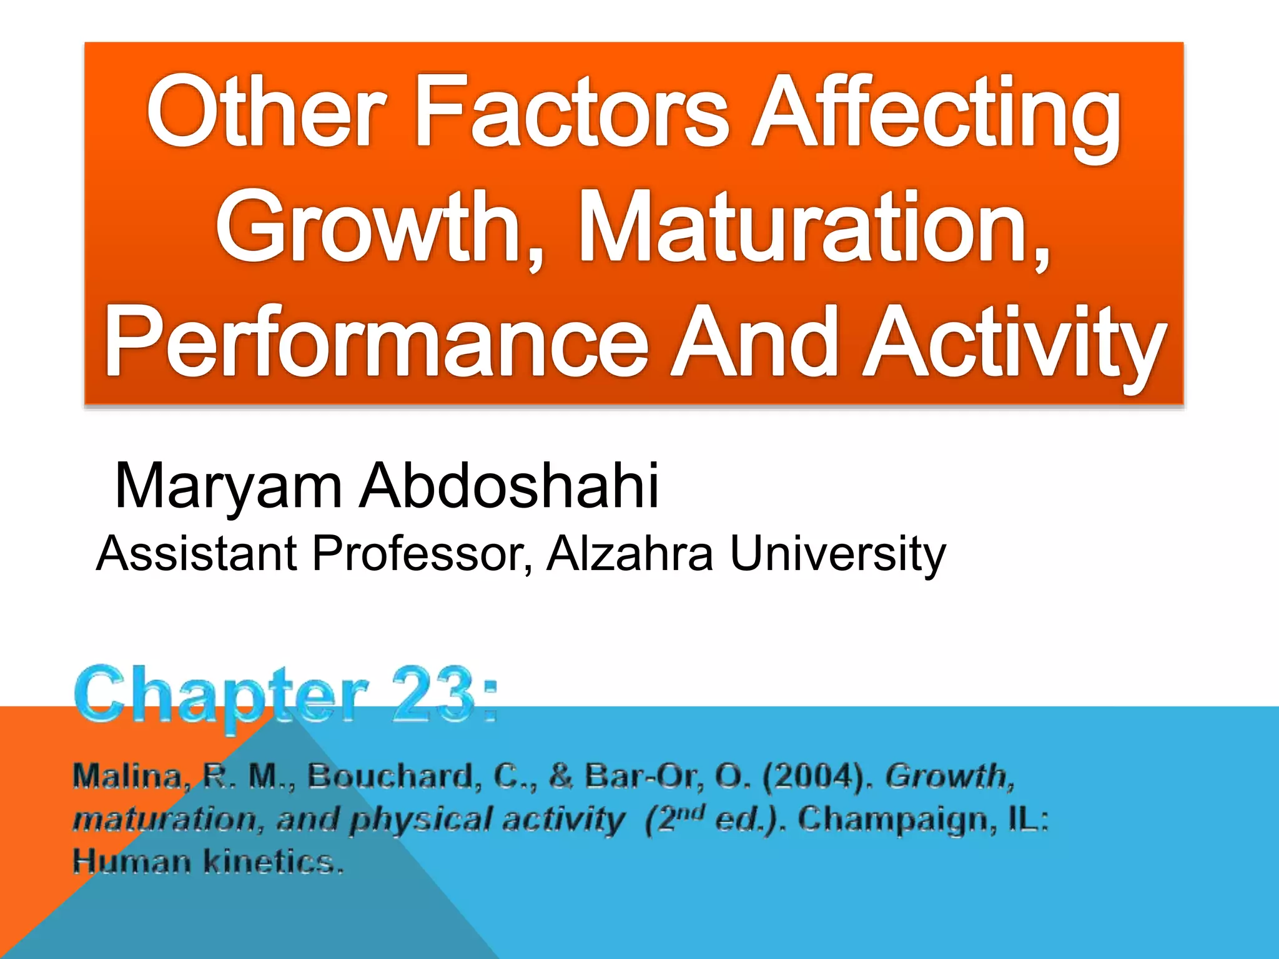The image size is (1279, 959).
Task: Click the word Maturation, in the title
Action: (814, 228)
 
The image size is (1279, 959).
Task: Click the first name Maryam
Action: (229, 487)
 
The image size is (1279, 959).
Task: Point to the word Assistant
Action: (197, 553)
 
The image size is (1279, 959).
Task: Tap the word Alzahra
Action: (630, 553)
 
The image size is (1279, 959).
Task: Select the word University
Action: (837, 554)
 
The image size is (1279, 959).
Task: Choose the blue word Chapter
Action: (222, 696)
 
